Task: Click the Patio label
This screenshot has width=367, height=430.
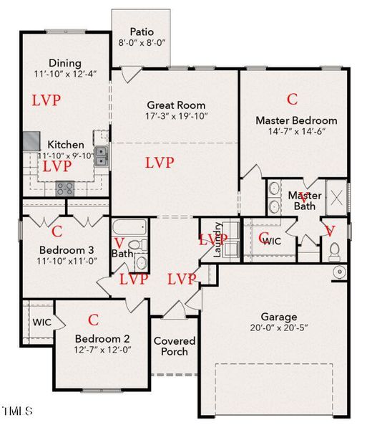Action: (x=141, y=32)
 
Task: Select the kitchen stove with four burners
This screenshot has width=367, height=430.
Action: (x=66, y=188)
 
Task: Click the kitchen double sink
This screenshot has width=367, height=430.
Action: (x=101, y=153)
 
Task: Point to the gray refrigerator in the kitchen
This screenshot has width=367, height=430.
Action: (x=31, y=141)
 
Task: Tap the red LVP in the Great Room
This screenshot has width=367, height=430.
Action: (x=159, y=163)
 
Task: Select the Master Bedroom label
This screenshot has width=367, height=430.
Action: (x=296, y=120)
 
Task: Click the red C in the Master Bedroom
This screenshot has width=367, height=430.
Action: (x=292, y=99)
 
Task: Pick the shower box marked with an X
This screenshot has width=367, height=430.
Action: (x=336, y=194)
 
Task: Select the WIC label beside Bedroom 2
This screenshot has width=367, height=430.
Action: (x=41, y=322)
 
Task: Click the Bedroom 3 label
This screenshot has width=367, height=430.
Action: (x=64, y=252)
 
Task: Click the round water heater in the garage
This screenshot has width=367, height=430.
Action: (x=338, y=272)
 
